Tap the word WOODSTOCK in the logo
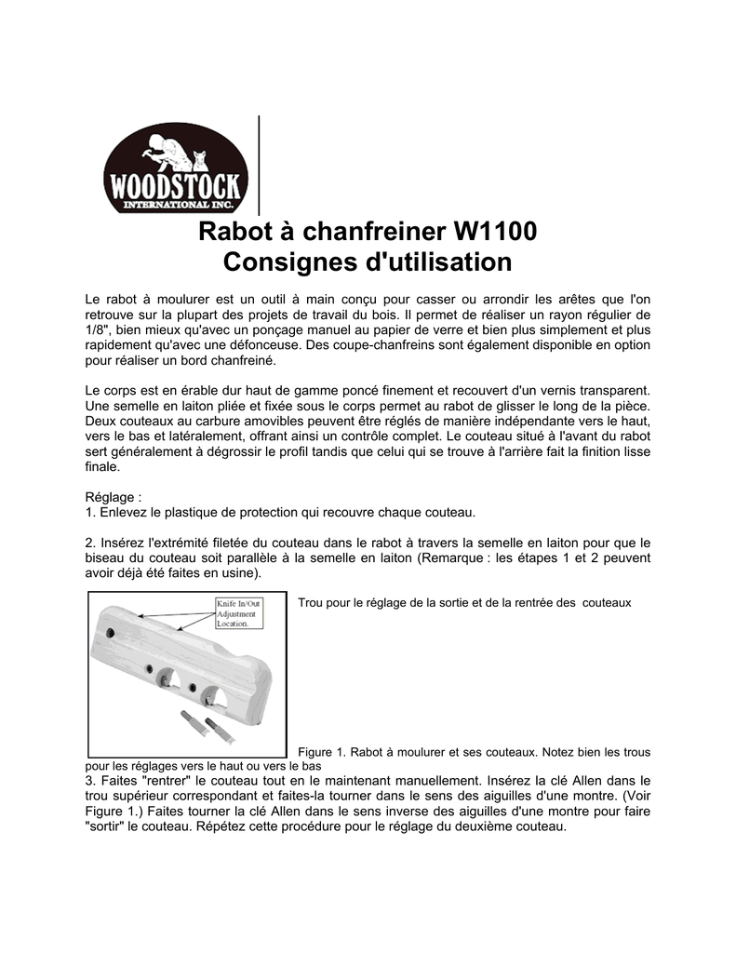click(175, 185)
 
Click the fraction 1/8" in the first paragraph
click(97, 330)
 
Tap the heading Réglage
click(111, 498)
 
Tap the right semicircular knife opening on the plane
click(213, 694)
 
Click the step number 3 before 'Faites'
click(88, 780)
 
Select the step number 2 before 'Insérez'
click(88, 543)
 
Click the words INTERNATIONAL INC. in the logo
click(175, 204)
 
